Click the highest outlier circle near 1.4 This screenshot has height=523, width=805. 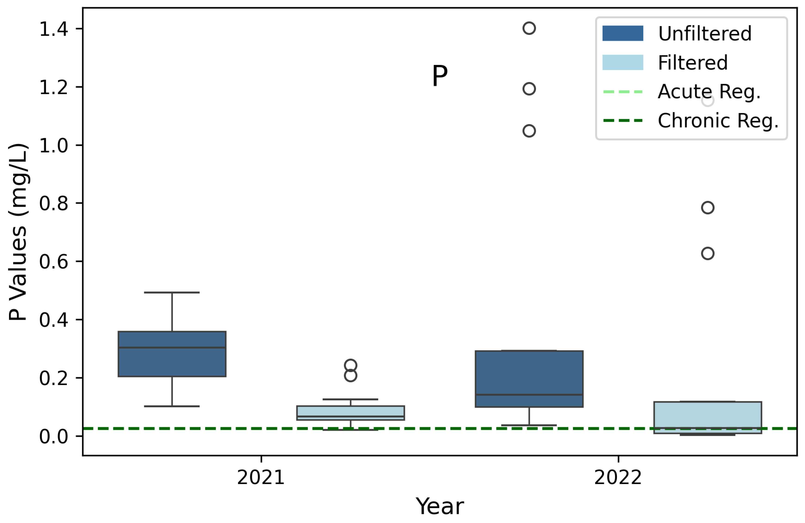coord(529,28)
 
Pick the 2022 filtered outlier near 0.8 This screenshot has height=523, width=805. coord(708,207)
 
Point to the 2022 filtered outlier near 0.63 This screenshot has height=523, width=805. coord(708,253)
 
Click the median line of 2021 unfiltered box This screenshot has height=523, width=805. coord(172,347)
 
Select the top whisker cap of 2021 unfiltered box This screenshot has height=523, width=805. coord(172,292)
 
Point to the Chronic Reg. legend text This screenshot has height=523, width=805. coord(718,121)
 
